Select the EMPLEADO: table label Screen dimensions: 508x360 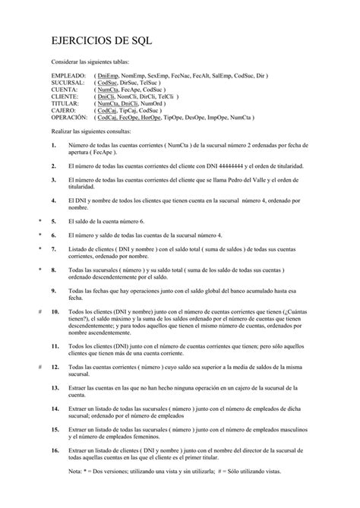click(x=69, y=77)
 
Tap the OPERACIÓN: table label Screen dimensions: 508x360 click(x=70, y=118)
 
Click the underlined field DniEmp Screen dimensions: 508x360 click(x=109, y=77)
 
